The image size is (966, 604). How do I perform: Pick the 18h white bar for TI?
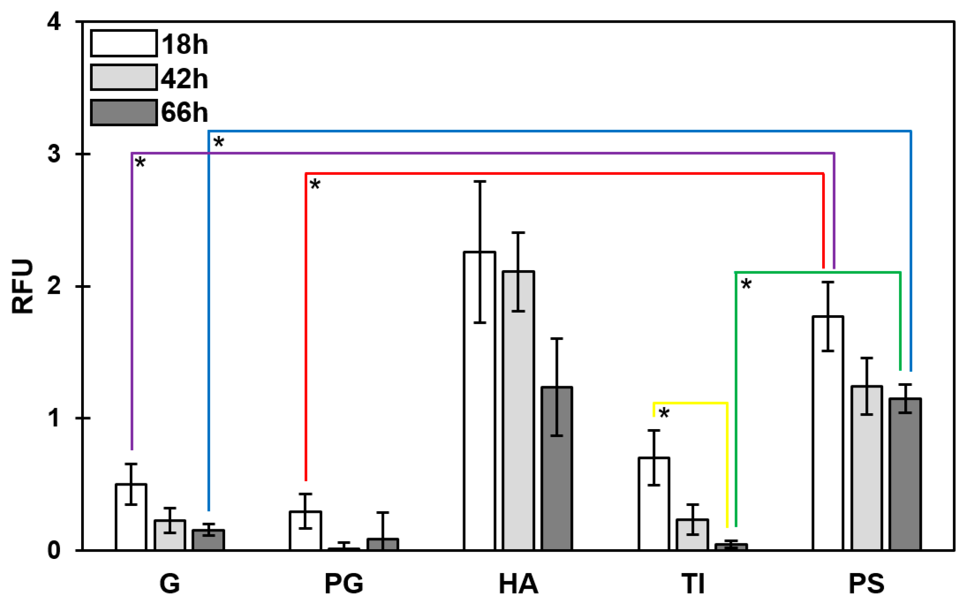tap(654, 504)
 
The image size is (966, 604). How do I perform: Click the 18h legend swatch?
tap(123, 43)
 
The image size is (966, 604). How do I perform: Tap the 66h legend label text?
tap(185, 113)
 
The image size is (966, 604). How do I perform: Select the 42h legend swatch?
tap(123, 78)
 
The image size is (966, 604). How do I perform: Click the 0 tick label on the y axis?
tap(54, 550)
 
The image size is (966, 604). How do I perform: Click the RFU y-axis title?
tap(22, 286)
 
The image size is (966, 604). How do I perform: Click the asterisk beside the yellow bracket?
tap(664, 413)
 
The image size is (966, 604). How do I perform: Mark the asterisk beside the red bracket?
tap(315, 185)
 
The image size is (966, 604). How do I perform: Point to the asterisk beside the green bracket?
tap(746, 285)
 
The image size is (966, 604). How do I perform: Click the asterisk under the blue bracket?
tap(219, 142)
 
